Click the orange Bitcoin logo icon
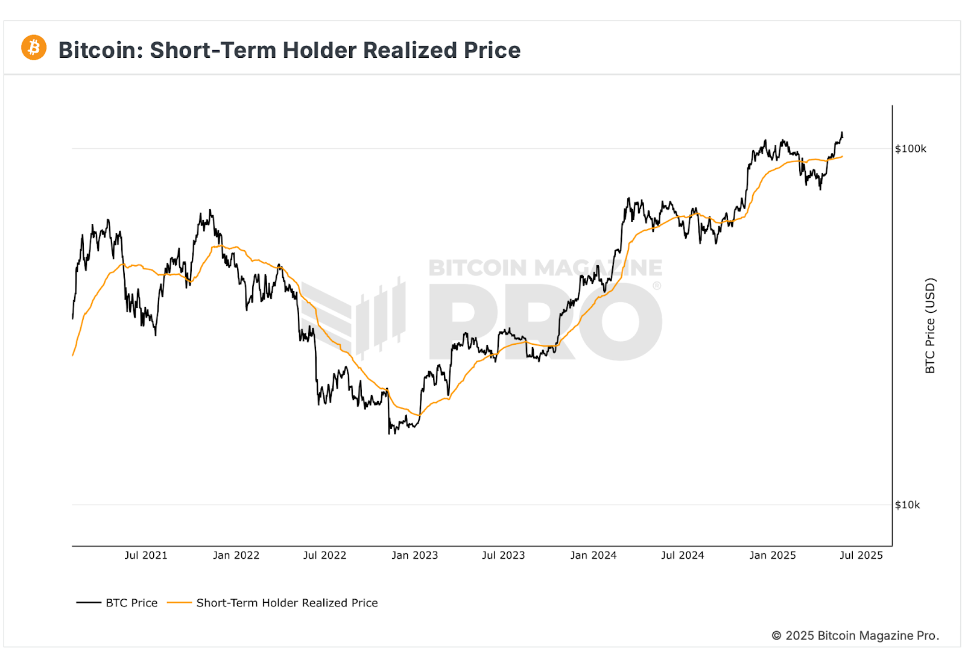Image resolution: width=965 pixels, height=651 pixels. point(34,48)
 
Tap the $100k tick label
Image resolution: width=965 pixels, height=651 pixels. point(910,149)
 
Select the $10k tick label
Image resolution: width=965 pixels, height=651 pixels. point(907,505)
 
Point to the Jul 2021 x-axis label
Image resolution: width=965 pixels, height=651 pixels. point(146,555)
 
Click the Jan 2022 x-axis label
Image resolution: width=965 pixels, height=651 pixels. point(236,555)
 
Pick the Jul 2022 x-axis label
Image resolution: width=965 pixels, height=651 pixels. point(324,555)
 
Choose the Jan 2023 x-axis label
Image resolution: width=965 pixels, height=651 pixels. point(414,555)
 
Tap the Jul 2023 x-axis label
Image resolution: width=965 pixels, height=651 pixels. point(503,555)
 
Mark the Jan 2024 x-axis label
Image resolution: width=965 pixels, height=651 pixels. point(593,555)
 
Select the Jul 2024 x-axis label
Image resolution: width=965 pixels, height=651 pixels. point(682,555)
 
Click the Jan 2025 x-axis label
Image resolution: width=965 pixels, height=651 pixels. point(773,555)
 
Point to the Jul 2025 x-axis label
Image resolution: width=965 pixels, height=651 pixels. point(861,555)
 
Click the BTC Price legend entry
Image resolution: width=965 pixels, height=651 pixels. point(131,603)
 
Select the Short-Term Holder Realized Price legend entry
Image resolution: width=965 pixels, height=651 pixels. point(287,603)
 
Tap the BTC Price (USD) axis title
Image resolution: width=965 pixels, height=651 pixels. point(930,325)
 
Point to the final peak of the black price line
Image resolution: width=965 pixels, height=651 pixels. point(841,133)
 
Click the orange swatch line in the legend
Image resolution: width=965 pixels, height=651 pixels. point(179,603)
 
